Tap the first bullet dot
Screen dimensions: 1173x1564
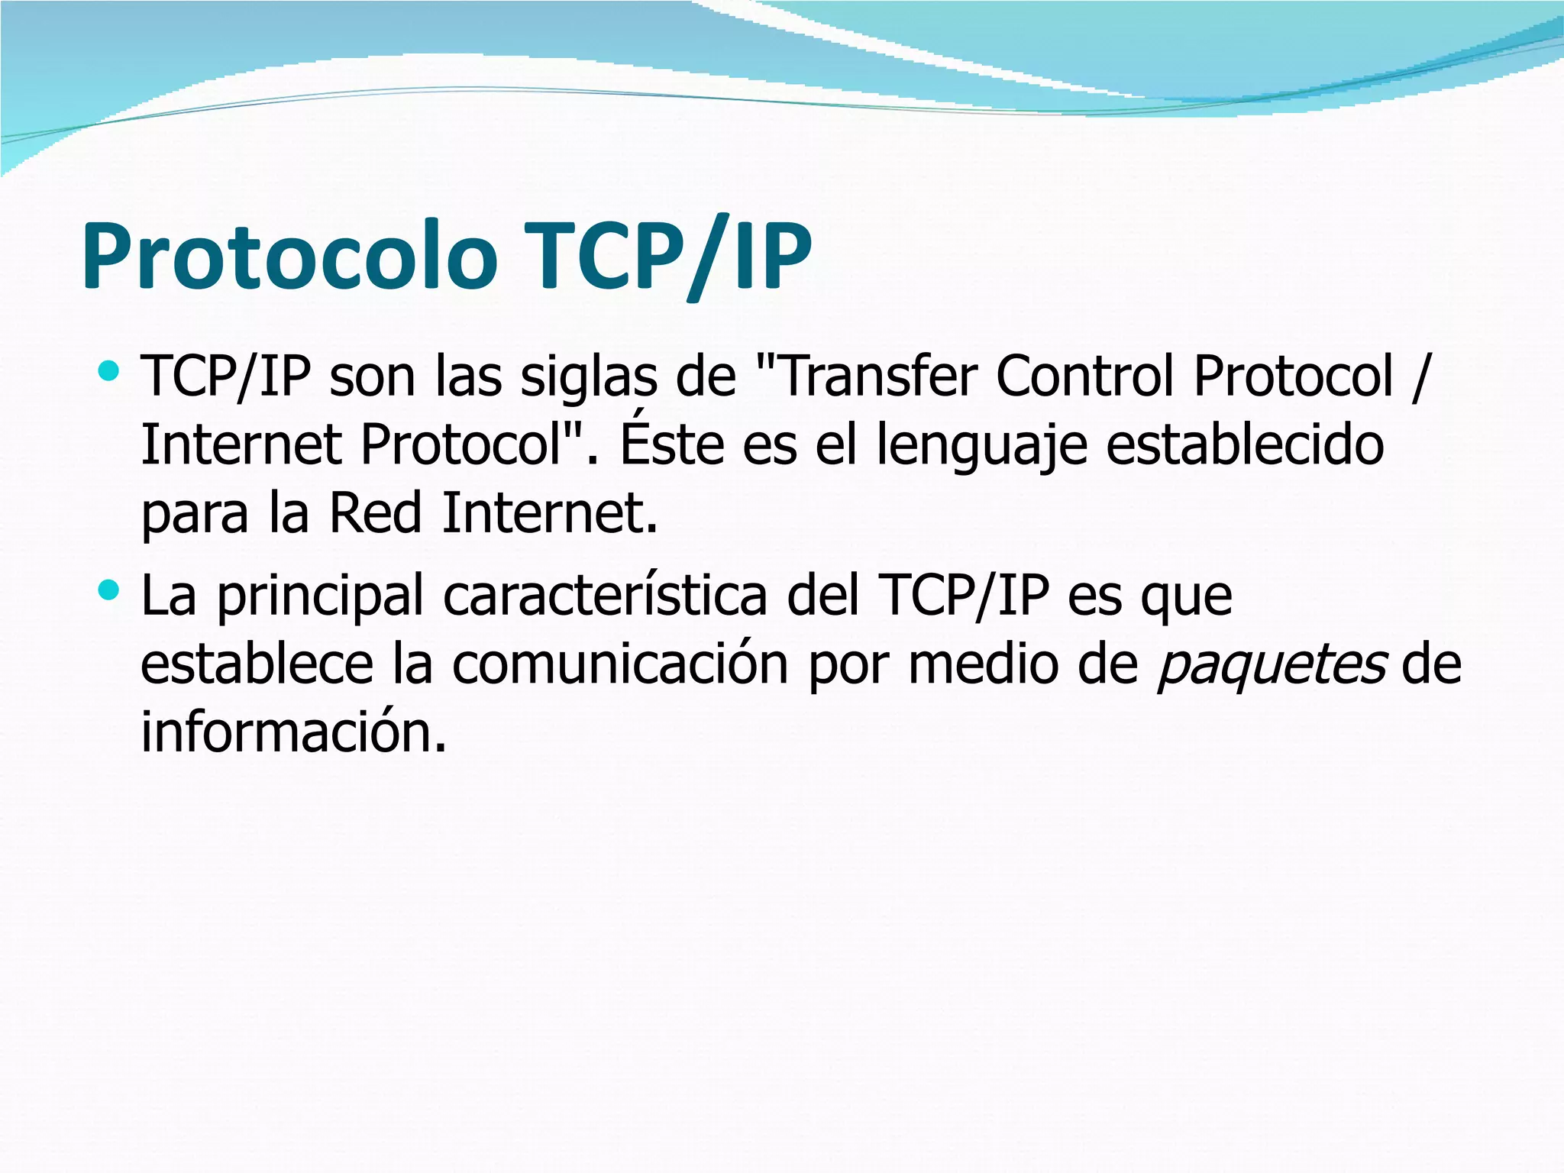[x=109, y=371]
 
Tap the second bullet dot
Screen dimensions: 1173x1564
[x=109, y=590]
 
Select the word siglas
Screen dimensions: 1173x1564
[x=588, y=378]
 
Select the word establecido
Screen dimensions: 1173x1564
[x=1245, y=444]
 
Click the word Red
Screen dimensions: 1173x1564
[x=375, y=512]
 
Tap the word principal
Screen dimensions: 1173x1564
[x=320, y=597]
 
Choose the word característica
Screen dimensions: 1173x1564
[x=605, y=596]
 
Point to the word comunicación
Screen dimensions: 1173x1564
[x=620, y=664]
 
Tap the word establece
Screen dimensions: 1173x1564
[x=257, y=664]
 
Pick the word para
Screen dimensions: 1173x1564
[x=195, y=514]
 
